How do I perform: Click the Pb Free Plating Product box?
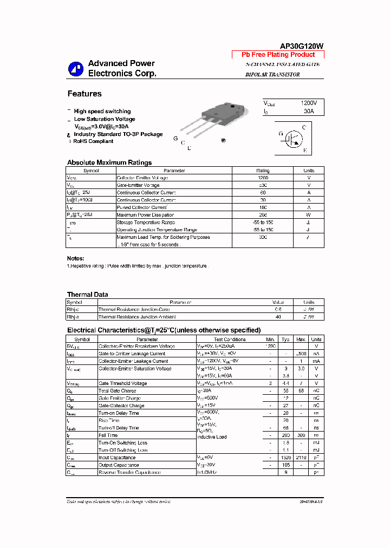[x=278, y=55]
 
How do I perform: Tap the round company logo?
[x=75, y=69]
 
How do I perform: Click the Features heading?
[x=84, y=94]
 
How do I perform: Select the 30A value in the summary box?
[x=308, y=111]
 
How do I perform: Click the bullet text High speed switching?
[x=102, y=111]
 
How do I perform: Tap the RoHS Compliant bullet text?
[x=93, y=141]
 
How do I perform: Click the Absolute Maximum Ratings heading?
[x=109, y=162]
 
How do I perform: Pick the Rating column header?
[x=263, y=171]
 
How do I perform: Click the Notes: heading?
[x=75, y=258]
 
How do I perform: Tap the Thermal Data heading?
[x=87, y=295]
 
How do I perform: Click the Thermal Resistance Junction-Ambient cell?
[x=137, y=317]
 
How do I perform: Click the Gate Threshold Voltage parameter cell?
[x=122, y=383]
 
